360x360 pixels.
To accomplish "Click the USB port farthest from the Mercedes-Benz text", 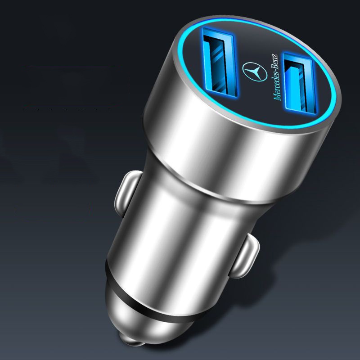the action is [x=220, y=62].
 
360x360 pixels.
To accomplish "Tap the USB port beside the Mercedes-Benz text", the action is [x=300, y=84].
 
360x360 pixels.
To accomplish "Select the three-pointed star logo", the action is [x=255, y=72].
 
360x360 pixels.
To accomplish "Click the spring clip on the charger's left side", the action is [x=126, y=193].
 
